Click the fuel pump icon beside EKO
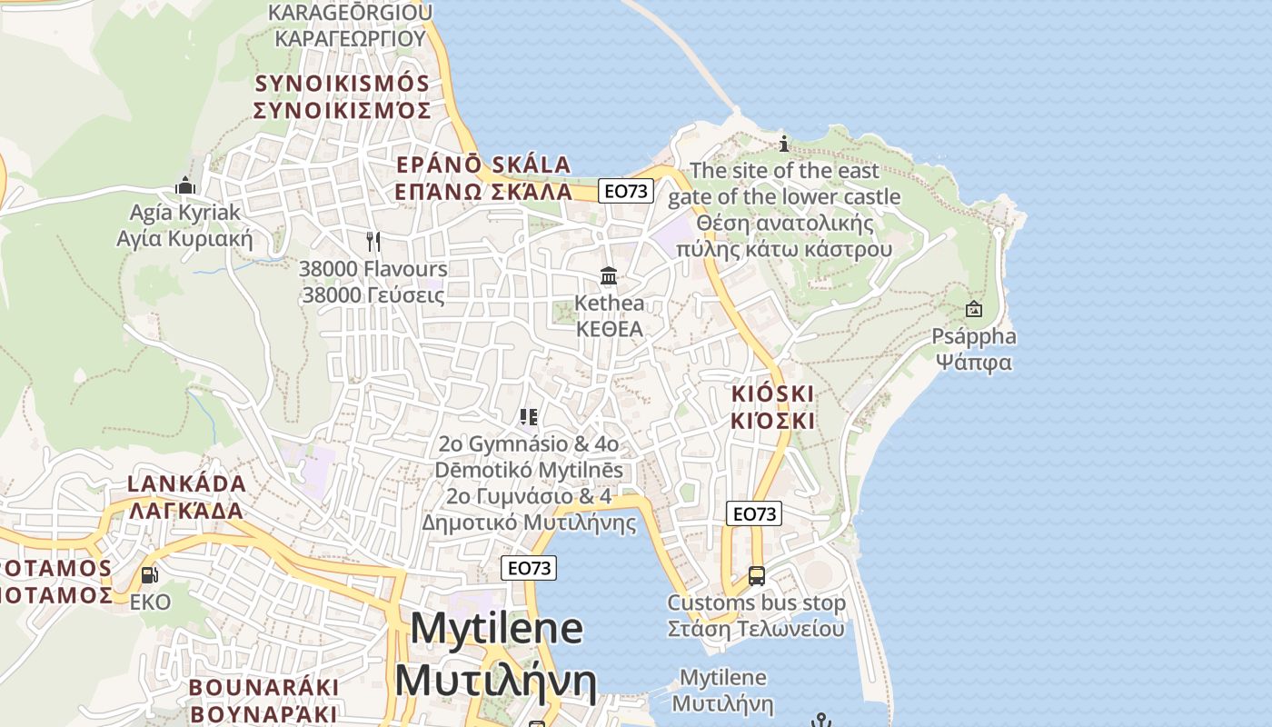pyautogui.click(x=148, y=575)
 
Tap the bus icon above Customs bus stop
pyautogui.click(x=756, y=575)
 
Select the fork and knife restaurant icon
pyautogui.click(x=373, y=241)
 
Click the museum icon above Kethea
pyautogui.click(x=609, y=275)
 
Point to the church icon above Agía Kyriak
pyautogui.click(x=185, y=185)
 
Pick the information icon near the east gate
pyautogui.click(x=784, y=144)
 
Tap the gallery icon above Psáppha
pyautogui.click(x=974, y=309)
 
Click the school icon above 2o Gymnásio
pyautogui.click(x=529, y=417)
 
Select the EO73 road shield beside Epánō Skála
pyautogui.click(x=626, y=191)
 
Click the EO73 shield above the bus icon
pyautogui.click(x=753, y=513)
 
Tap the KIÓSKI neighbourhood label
pyautogui.click(x=773, y=407)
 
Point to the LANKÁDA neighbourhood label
pyautogui.click(x=186, y=496)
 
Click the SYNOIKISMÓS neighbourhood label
pyautogui.click(x=342, y=97)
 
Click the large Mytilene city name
pyautogui.click(x=496, y=654)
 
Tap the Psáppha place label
pyautogui.click(x=974, y=349)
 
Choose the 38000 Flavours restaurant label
pyautogui.click(x=373, y=282)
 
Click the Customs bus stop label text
pyautogui.click(x=756, y=615)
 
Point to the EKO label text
pyautogui.click(x=150, y=602)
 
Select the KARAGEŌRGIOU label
pyautogui.click(x=350, y=25)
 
